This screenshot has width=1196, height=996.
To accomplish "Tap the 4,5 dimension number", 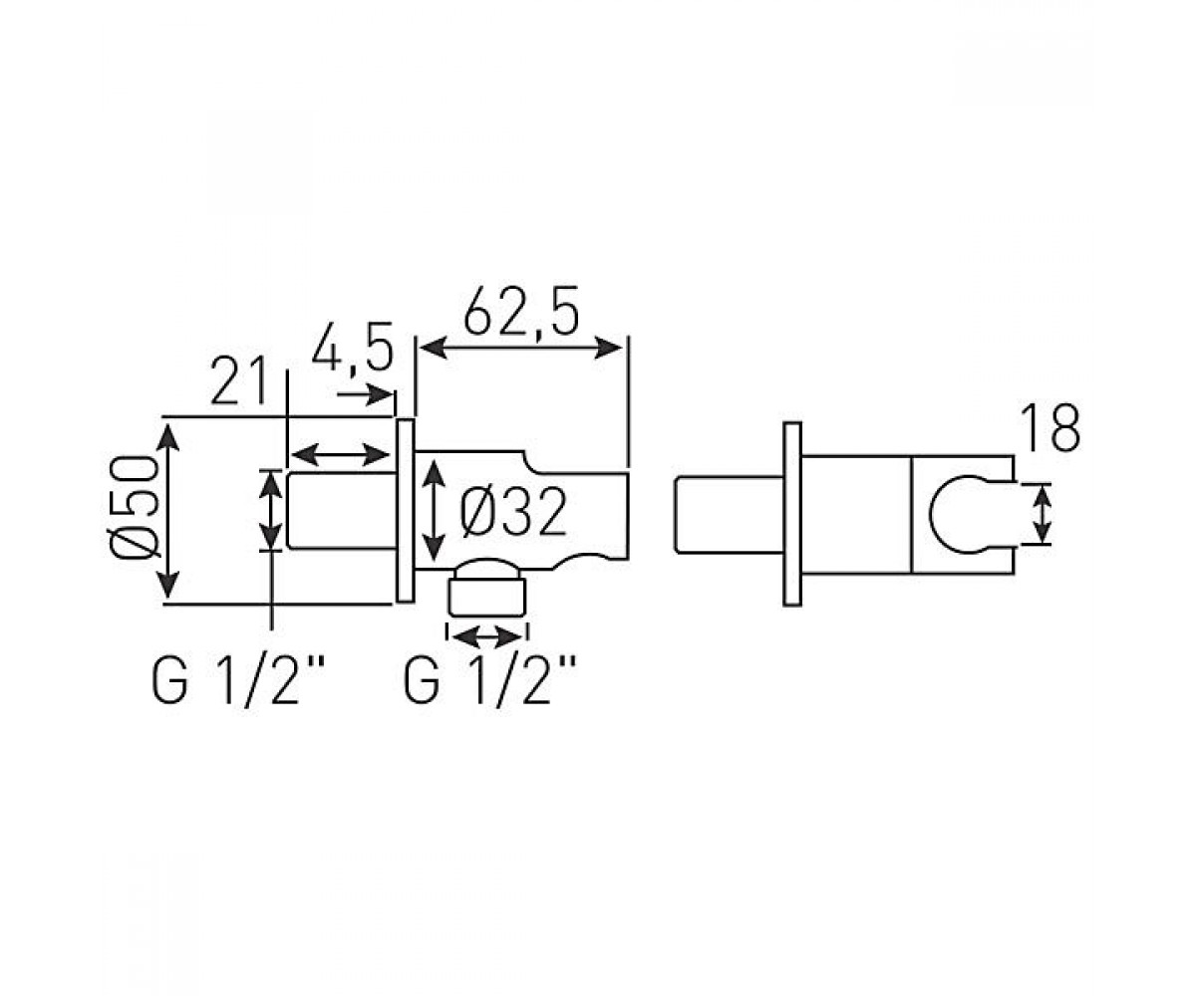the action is (353, 347).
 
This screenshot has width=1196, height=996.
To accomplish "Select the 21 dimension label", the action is (239, 380).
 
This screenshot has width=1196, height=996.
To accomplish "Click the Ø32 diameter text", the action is (513, 512).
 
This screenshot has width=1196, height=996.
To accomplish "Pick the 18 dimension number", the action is (1051, 428).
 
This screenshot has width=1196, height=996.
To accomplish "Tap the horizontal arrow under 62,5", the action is (521, 348).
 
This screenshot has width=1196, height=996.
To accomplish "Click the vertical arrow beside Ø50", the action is (167, 512).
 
